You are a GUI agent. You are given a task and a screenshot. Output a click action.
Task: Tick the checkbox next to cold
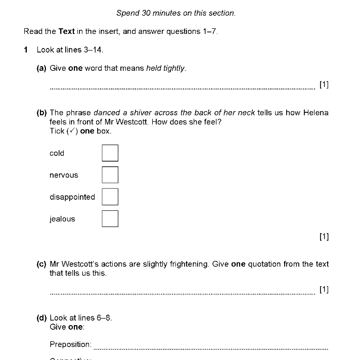point(110,153)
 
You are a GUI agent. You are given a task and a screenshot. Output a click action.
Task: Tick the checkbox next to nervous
point(110,175)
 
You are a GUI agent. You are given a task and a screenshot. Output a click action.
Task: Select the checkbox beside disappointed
point(110,197)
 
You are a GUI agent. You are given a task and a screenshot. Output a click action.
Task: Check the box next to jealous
point(110,219)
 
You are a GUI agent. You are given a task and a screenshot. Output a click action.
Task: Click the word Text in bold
point(66,31)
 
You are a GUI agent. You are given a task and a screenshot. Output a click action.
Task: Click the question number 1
point(26,50)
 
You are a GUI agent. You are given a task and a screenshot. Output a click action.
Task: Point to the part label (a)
point(41,68)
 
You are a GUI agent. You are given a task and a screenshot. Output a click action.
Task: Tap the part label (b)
point(41,113)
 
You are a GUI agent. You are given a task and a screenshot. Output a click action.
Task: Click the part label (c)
point(41,264)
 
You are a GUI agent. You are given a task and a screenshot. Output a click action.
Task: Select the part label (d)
point(41,318)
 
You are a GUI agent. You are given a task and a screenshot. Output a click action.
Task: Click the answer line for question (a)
point(182,88)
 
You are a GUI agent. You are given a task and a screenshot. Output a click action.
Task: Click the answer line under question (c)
point(182,293)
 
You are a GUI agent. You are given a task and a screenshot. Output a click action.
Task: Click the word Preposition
point(70,344)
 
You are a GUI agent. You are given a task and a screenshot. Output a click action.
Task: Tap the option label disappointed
point(72,197)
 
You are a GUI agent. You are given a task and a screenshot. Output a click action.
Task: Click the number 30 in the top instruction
point(149,13)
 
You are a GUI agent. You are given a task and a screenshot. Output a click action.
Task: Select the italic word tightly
point(174,68)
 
